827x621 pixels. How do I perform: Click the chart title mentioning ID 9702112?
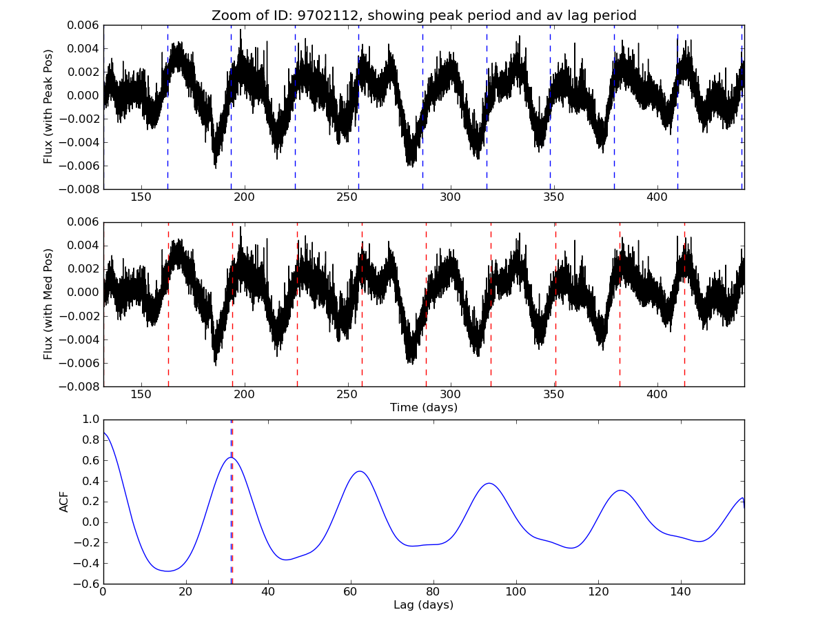(x=424, y=15)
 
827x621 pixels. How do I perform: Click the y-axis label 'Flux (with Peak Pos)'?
(x=48, y=106)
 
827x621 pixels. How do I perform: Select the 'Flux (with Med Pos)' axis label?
(x=48, y=304)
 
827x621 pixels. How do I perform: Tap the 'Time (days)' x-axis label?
(x=424, y=407)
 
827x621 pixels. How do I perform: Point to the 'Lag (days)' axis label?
(x=424, y=605)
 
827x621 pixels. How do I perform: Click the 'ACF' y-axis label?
(x=64, y=502)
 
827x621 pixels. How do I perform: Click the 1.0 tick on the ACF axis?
(x=90, y=420)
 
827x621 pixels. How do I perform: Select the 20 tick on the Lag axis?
(x=185, y=593)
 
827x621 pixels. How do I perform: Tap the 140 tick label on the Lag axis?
(x=680, y=593)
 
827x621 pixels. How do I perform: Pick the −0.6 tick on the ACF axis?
(x=87, y=584)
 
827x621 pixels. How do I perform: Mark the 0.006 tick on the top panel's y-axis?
(x=84, y=25)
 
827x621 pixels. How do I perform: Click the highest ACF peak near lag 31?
(x=231, y=457)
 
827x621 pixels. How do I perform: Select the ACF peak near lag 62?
(x=360, y=471)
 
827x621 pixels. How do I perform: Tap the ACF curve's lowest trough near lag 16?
(x=167, y=571)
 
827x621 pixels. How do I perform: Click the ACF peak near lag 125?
(x=620, y=491)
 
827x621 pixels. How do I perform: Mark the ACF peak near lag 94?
(x=489, y=483)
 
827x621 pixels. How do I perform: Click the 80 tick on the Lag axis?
(x=433, y=593)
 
